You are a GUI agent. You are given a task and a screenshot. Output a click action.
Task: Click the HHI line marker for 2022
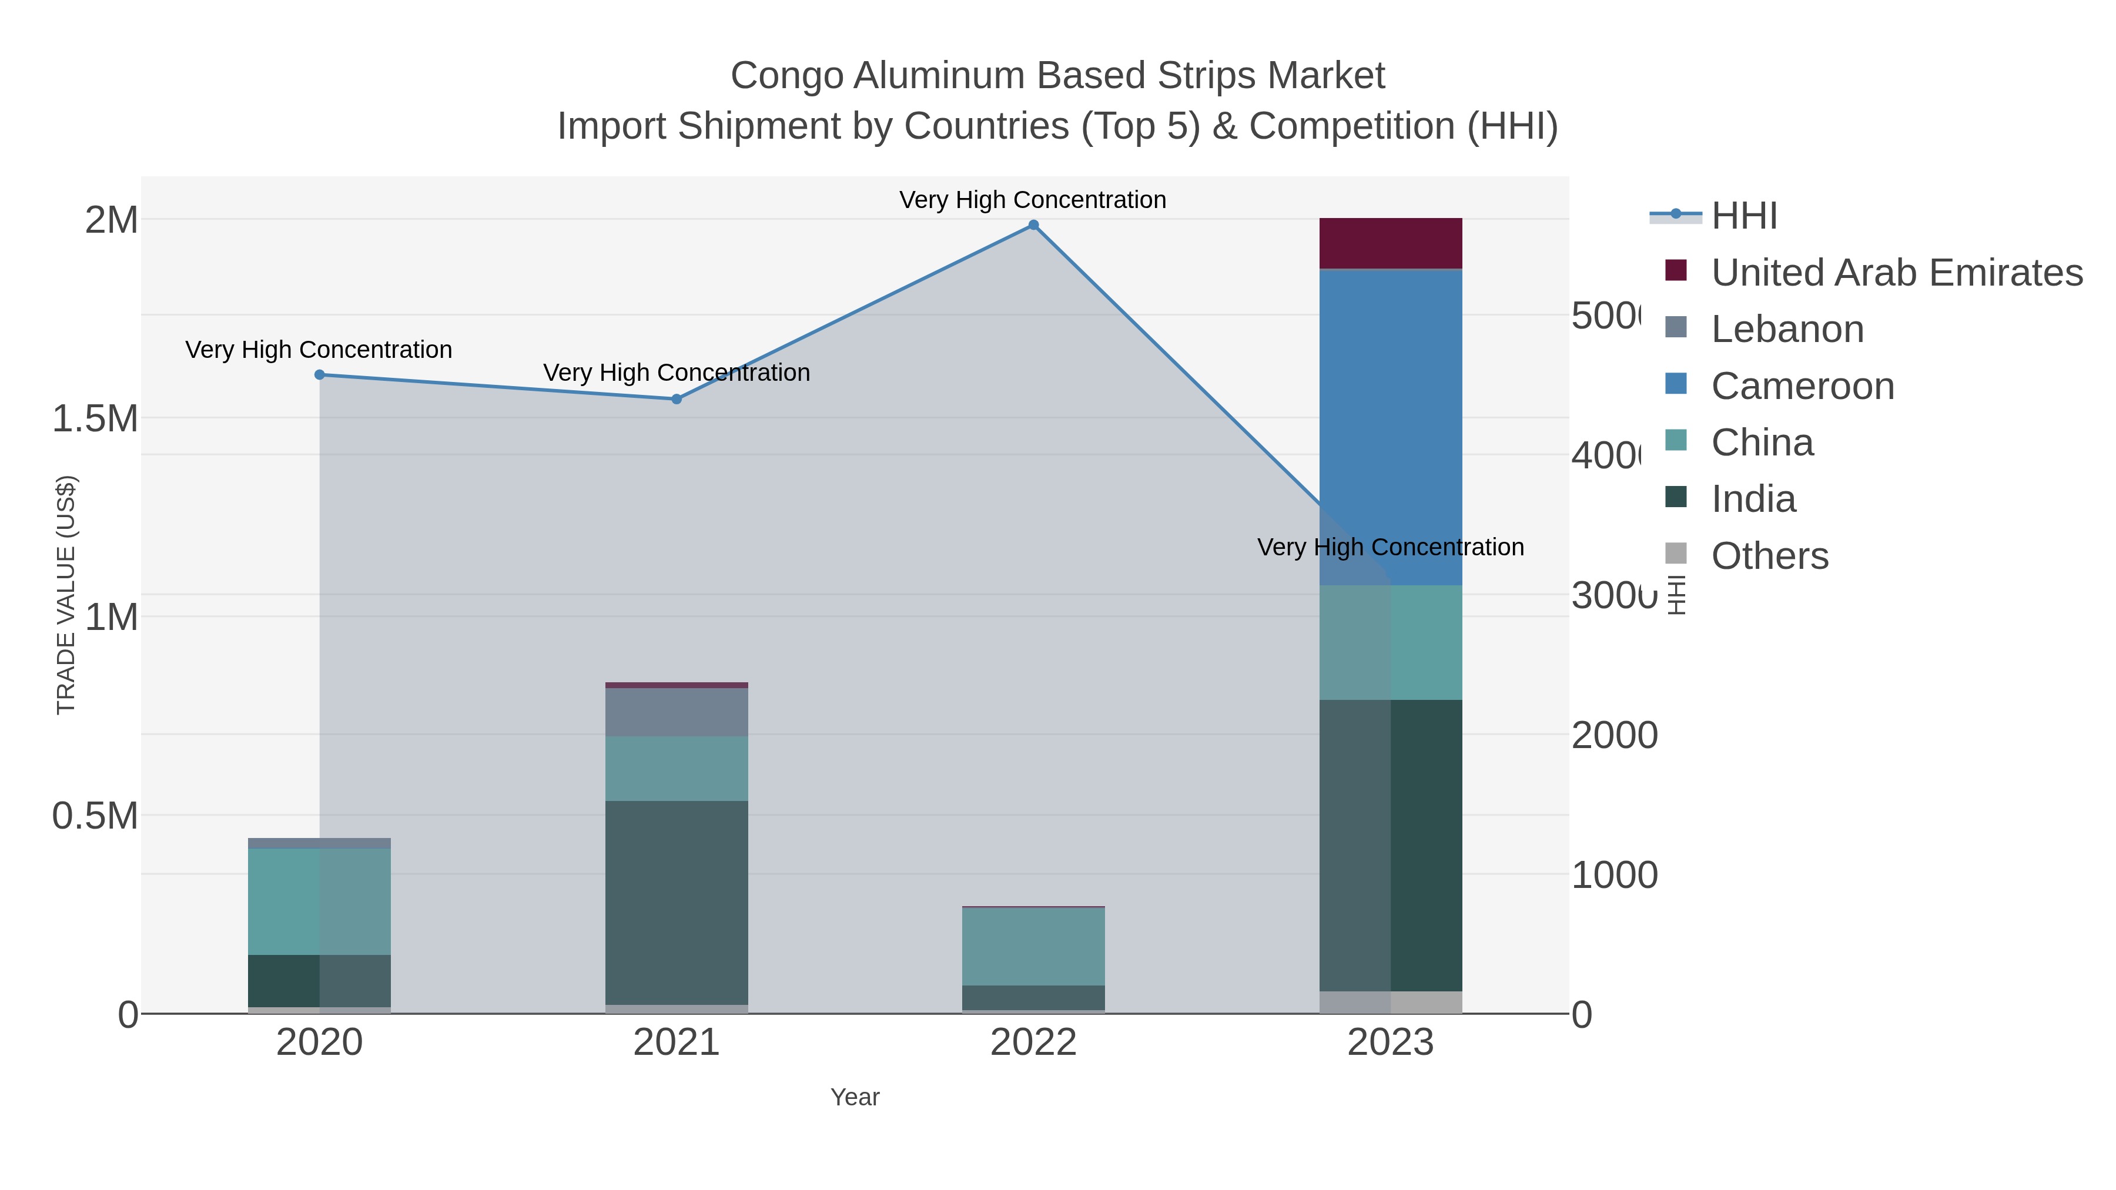coord(1033,225)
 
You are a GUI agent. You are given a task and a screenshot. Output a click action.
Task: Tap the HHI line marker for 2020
coord(320,374)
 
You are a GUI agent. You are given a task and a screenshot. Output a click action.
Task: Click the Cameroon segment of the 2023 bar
coord(1390,427)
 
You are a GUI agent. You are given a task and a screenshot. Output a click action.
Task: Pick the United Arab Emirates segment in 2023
coord(1390,243)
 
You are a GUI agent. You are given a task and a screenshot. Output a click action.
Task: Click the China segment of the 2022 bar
coord(1033,946)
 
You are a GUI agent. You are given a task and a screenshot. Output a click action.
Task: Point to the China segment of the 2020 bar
coord(320,901)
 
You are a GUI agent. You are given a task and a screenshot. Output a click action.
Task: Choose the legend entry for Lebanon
coord(1787,329)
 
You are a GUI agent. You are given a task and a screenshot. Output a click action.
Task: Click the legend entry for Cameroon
coord(1802,386)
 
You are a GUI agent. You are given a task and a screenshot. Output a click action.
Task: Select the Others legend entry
coord(1769,556)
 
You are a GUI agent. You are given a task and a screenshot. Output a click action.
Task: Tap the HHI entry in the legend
coord(1743,216)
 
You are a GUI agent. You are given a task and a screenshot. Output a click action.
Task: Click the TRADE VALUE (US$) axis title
coord(66,595)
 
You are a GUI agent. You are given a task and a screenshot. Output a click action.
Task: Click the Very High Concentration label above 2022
coord(1033,200)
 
